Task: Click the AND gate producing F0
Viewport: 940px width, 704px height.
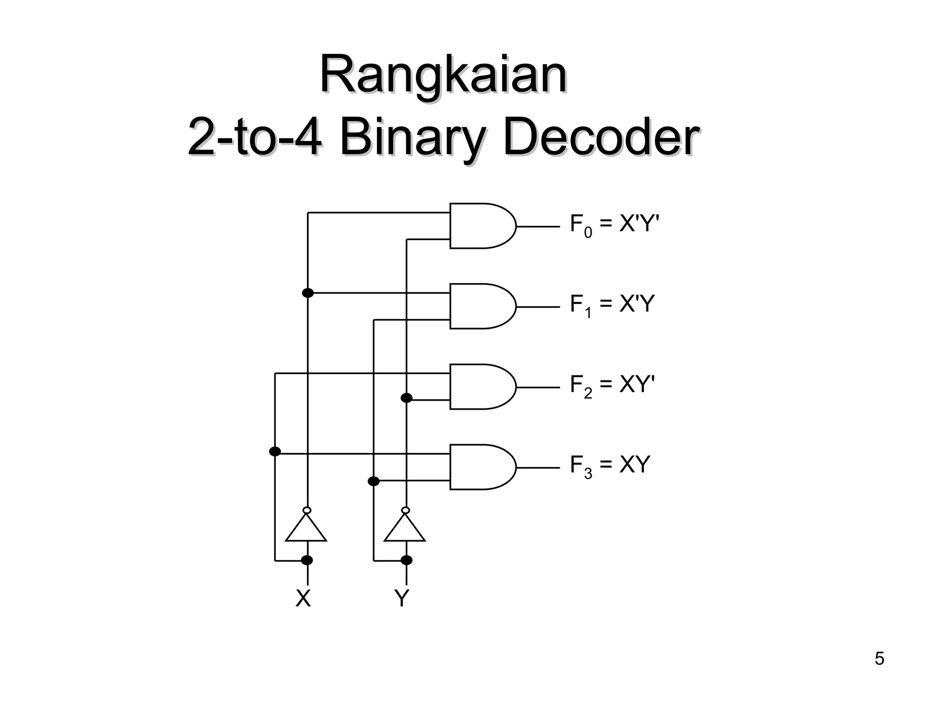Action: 480,226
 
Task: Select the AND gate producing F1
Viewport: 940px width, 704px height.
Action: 480,306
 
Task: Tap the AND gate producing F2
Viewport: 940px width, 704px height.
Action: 480,387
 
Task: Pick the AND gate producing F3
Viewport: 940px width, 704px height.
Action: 480,467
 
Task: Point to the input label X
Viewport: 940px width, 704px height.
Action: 303,598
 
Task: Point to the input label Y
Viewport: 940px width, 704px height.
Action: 402,598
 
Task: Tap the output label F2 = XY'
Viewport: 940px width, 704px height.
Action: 612,386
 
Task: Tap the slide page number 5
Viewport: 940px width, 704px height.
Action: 879,659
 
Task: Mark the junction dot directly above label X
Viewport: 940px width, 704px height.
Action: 307,560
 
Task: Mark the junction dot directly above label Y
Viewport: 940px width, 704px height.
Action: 406,560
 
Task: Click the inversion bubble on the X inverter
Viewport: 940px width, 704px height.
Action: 307,510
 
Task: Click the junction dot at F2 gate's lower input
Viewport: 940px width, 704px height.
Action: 406,398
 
